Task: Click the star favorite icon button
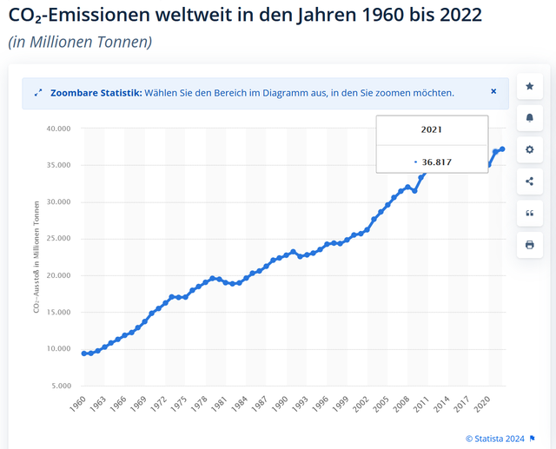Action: [x=529, y=86]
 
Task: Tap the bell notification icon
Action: [x=529, y=117]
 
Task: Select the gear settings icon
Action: [x=529, y=149]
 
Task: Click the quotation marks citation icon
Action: [x=529, y=213]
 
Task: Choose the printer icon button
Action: [x=529, y=245]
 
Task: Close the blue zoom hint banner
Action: [x=493, y=91]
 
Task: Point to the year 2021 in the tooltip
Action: [x=432, y=129]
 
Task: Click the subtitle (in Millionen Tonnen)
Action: [x=79, y=42]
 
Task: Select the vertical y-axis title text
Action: [x=36, y=258]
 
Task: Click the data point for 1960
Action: [x=84, y=353]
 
